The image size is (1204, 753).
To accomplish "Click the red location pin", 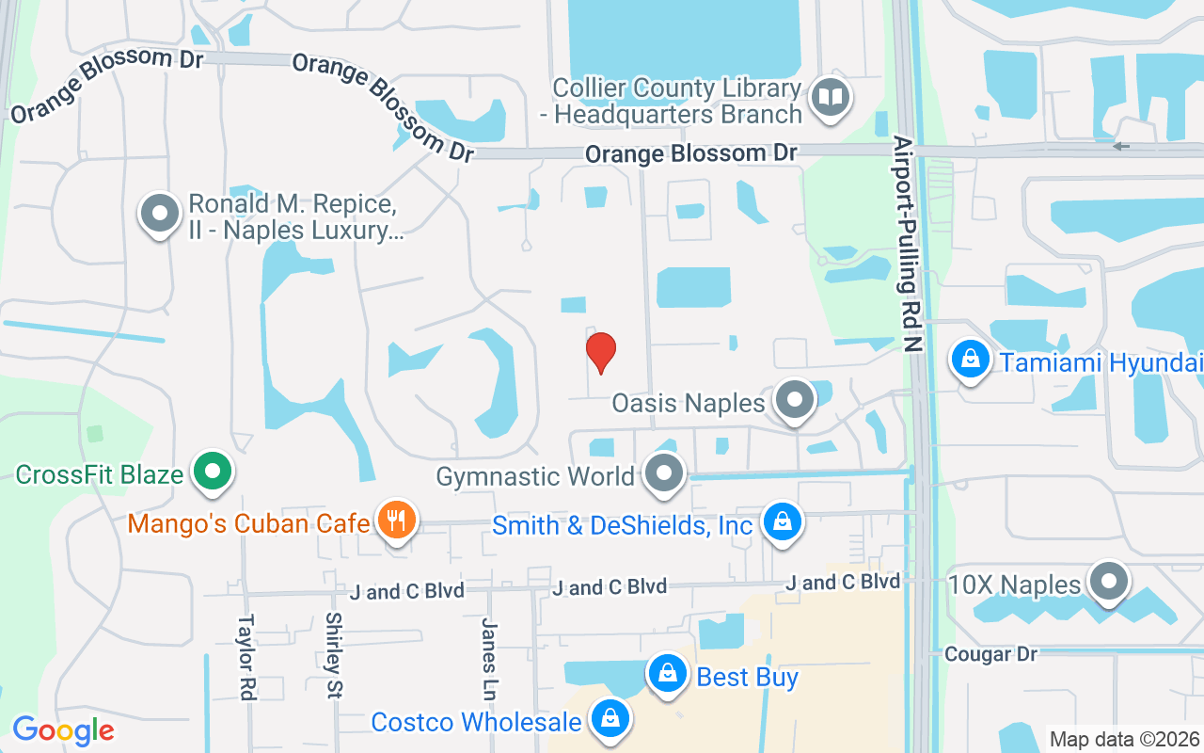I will pyautogui.click(x=600, y=352).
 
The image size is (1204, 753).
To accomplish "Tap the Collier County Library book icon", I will pyautogui.click(x=831, y=97).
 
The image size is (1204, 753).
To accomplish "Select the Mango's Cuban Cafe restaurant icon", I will pyautogui.click(x=396, y=519).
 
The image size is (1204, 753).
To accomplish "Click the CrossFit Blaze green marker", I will pyautogui.click(x=213, y=470).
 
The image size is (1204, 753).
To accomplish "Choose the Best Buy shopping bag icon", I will pyautogui.click(x=667, y=673).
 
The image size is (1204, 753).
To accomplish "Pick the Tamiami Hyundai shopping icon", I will pyautogui.click(x=970, y=358).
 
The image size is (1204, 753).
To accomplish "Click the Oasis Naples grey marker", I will pyautogui.click(x=795, y=399).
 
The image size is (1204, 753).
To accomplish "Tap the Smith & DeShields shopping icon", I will pyautogui.click(x=781, y=520).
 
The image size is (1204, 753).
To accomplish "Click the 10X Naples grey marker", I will pyautogui.click(x=1109, y=581).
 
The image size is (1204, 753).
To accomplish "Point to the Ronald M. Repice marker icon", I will pyautogui.click(x=160, y=213).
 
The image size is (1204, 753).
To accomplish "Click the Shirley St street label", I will pyautogui.click(x=333, y=655).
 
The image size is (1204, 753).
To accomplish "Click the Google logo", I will pyautogui.click(x=63, y=730).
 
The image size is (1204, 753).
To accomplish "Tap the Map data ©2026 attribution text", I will pyautogui.click(x=1124, y=739).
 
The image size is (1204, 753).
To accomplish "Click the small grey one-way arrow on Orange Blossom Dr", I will pyautogui.click(x=1120, y=146).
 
